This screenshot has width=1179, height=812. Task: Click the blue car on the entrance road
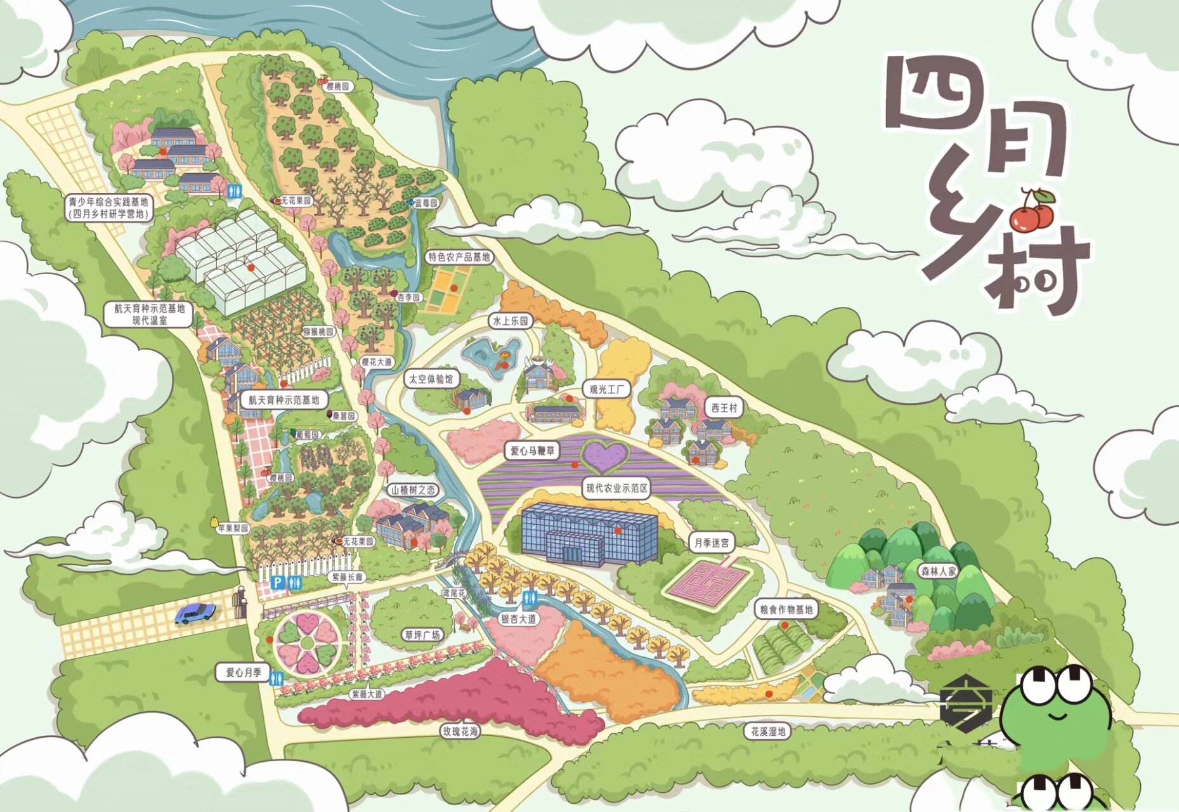[x=195, y=613]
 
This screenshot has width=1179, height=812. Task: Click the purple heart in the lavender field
[x=605, y=455]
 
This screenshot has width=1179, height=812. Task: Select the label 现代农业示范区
[x=616, y=488]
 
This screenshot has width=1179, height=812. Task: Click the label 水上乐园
[x=511, y=321]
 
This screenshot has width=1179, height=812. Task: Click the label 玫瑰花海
[x=461, y=731]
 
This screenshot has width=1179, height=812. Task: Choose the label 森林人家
[x=938, y=571]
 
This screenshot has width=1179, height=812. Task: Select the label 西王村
[x=724, y=408]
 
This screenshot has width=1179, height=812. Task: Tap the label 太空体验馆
[x=431, y=379]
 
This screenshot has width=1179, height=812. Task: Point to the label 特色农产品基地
[x=459, y=256]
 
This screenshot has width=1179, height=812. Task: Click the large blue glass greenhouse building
[x=589, y=534]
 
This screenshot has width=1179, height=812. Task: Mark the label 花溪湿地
[x=768, y=731]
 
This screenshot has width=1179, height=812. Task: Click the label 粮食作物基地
[x=786, y=609]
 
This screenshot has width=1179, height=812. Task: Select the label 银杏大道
[x=518, y=618]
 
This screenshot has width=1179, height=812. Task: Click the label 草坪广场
[x=422, y=634]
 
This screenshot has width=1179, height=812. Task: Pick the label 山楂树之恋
[x=413, y=490]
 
